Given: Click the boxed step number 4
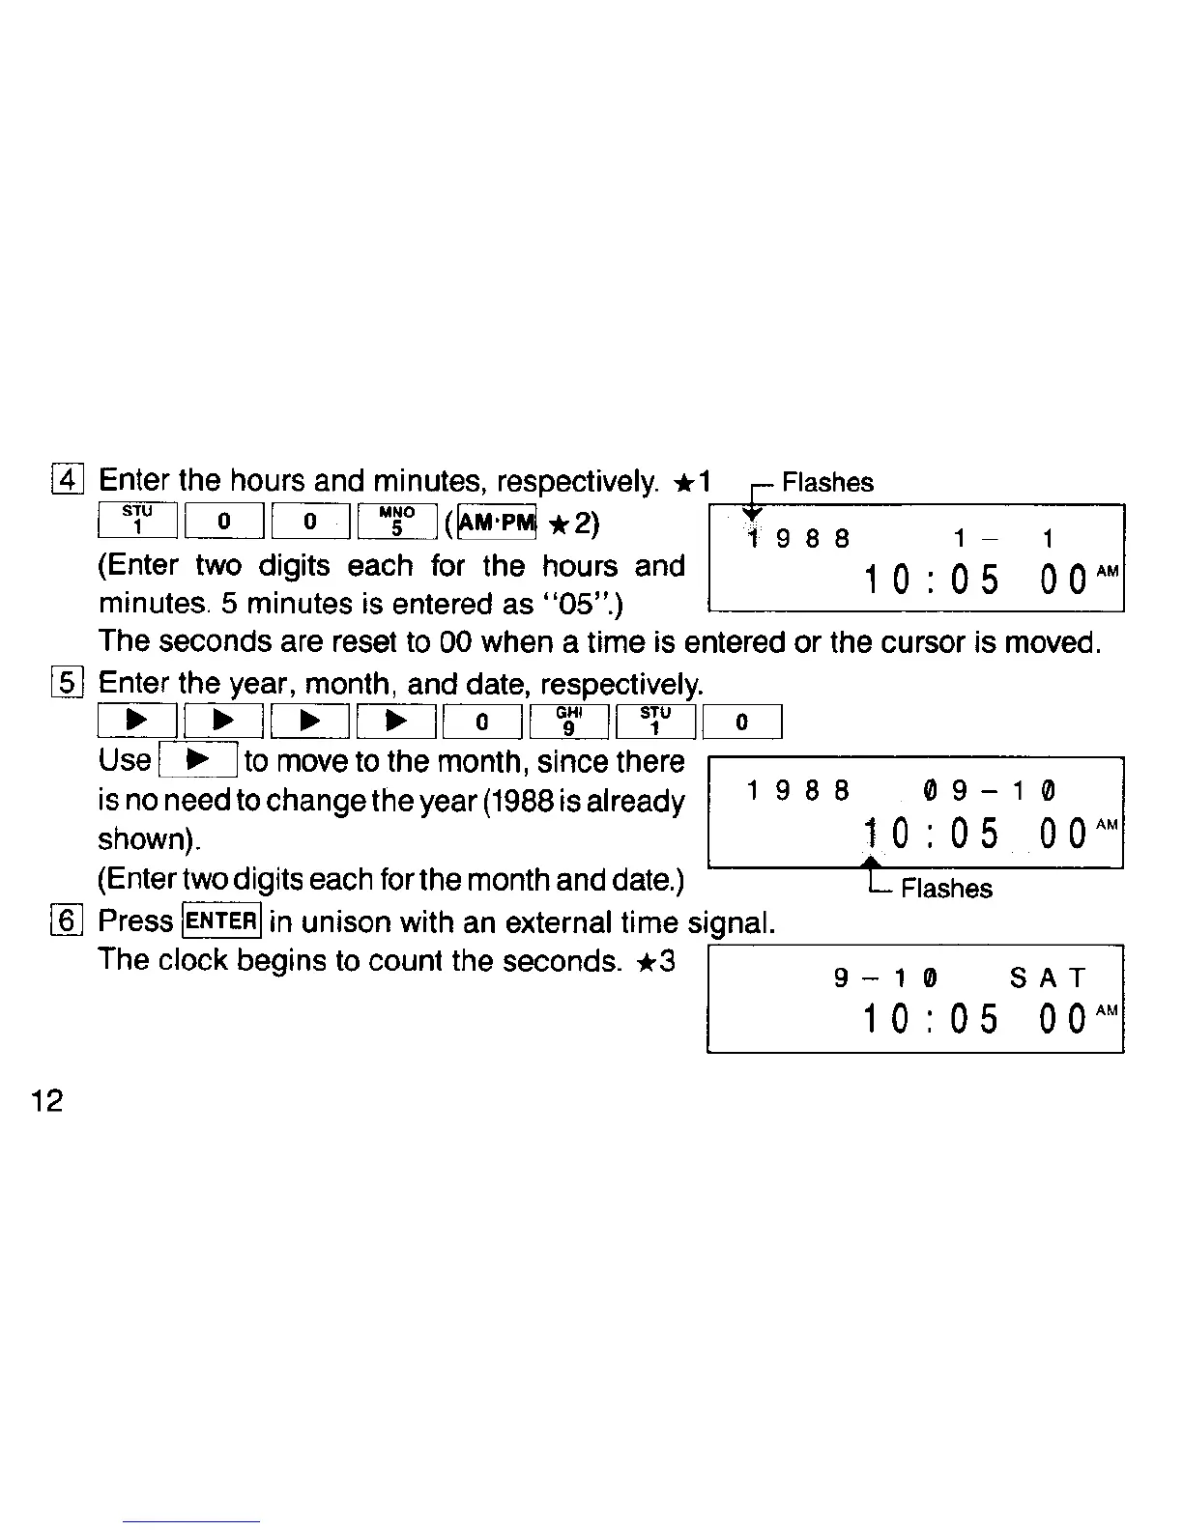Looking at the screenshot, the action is [71, 479].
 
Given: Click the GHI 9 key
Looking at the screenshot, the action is [569, 722].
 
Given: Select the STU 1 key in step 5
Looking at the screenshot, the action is [654, 722].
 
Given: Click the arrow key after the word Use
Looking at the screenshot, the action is [198, 761].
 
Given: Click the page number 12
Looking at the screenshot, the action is [46, 1100].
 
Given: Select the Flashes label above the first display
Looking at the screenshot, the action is [827, 482].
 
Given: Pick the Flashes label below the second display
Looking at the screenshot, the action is [946, 889].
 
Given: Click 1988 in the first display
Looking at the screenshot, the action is [798, 538].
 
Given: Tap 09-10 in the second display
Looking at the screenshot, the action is [990, 791].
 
